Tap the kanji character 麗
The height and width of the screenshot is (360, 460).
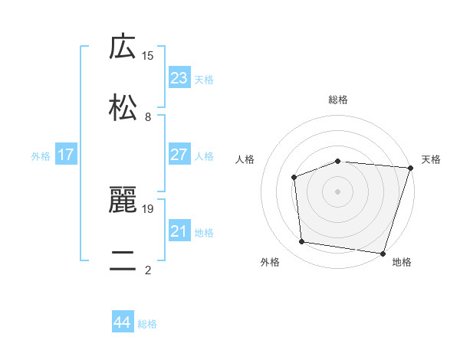pyautogui.click(x=123, y=200)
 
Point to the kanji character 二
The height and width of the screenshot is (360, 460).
pyautogui.click(x=123, y=260)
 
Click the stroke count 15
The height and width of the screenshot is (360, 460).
pyautogui.click(x=148, y=55)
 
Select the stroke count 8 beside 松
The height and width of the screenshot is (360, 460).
pyautogui.click(x=148, y=116)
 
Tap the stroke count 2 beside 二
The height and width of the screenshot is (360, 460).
pyautogui.click(x=148, y=270)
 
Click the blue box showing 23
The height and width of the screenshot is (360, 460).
pyautogui.click(x=179, y=78)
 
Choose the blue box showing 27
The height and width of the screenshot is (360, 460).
pyautogui.click(x=179, y=155)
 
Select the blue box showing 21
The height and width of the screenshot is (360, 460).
pyautogui.click(x=179, y=231)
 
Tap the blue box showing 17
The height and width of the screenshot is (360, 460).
pyautogui.click(x=66, y=155)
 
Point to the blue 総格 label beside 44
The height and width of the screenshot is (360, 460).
pyautogui.click(x=147, y=324)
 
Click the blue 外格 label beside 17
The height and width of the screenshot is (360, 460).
pyautogui.click(x=41, y=156)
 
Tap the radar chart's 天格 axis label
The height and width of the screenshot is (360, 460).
pyautogui.click(x=431, y=159)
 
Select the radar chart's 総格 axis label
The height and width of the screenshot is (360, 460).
pyautogui.click(x=338, y=100)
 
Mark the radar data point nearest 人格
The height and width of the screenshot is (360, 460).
pyautogui.click(x=294, y=178)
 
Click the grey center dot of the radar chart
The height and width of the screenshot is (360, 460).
pyautogui.click(x=338, y=191)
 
